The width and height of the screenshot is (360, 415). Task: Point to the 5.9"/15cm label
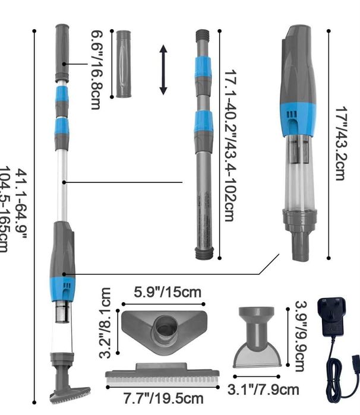(x=168, y=293)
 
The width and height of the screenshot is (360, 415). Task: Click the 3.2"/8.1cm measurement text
(x=106, y=324)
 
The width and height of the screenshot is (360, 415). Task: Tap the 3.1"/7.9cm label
(x=264, y=389)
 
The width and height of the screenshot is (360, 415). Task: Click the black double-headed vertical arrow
(x=164, y=70)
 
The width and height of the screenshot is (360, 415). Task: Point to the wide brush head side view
(x=162, y=374)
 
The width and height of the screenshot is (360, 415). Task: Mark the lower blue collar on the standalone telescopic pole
(x=203, y=122)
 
